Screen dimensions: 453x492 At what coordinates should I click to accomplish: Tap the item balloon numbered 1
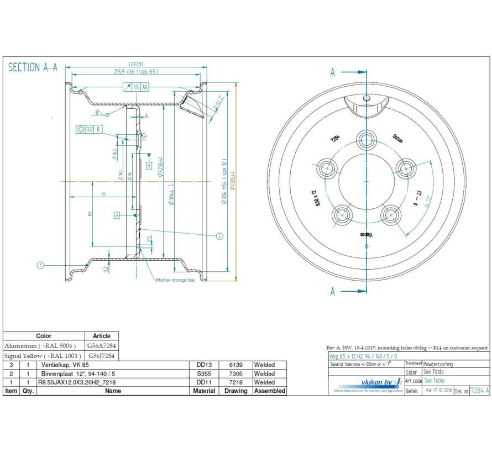coord(40,265)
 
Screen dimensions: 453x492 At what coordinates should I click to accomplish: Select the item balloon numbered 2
coord(219,236)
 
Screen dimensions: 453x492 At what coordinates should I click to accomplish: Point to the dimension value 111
coord(103,194)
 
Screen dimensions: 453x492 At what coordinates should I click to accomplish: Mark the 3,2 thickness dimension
coord(106,269)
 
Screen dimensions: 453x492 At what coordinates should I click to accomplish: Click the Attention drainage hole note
coord(175,280)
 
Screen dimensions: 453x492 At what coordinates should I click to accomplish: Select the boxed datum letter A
coord(117,215)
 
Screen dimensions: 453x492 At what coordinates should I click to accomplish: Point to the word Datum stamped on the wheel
coord(397,138)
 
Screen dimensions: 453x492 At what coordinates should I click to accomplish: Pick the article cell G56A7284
coord(101,345)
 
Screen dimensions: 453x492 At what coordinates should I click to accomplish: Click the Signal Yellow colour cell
coord(44,355)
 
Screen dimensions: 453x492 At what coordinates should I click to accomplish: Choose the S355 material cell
coord(203,373)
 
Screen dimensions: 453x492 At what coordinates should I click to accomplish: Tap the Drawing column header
coord(236,391)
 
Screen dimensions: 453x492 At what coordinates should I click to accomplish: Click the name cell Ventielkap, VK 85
coord(62,365)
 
